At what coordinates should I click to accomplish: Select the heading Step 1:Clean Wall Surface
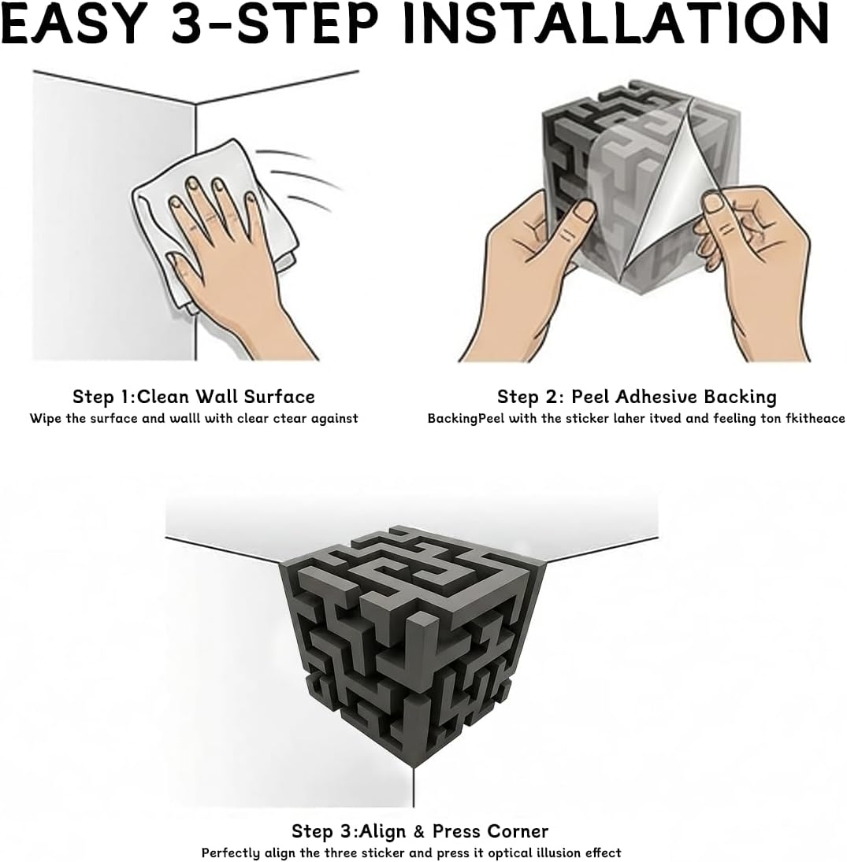193,396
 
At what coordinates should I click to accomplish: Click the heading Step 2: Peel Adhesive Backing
636,396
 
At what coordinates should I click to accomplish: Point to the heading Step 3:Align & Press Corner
419,831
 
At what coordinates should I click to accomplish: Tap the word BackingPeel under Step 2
465,418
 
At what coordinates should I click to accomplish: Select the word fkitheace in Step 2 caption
815,418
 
